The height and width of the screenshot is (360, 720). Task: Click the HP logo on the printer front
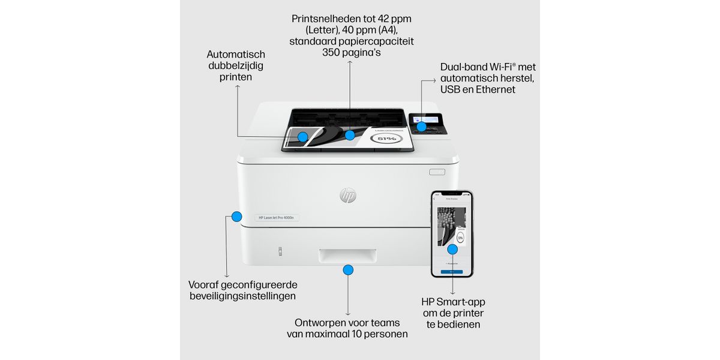348,195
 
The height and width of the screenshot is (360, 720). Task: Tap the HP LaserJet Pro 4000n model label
276,217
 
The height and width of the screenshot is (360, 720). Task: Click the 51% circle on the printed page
386,139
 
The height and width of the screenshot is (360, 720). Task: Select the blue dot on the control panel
421,127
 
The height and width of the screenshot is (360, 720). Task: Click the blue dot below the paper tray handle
348,270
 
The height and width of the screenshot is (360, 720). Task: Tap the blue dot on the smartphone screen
452,248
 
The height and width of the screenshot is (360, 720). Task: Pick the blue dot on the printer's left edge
236,217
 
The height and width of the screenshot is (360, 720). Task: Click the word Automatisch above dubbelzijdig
236,55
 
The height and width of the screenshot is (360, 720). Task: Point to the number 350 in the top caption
332,53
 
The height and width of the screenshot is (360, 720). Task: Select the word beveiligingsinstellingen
242,296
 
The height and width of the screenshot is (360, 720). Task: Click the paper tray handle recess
347,256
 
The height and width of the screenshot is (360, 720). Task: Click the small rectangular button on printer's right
437,172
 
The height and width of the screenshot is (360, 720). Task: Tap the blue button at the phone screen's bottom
452,271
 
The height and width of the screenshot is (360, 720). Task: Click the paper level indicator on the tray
280,251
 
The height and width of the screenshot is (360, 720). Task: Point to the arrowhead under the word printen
237,88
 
